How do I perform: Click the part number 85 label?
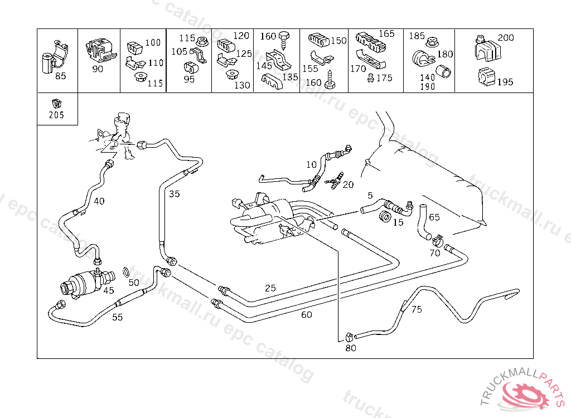(60, 76)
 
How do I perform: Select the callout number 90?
(98, 69)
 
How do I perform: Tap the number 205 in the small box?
(56, 115)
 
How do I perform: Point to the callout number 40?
(99, 201)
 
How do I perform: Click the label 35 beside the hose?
(175, 194)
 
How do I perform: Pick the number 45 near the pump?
(109, 290)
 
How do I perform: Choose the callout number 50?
(134, 283)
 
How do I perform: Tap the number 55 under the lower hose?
(118, 317)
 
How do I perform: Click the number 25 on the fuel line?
(270, 288)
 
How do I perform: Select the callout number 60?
(307, 315)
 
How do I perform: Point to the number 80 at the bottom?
(351, 348)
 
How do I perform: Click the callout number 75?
(417, 310)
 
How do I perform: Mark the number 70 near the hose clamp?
(434, 252)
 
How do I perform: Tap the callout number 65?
(434, 217)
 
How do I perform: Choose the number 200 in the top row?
(506, 38)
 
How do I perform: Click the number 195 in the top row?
(505, 82)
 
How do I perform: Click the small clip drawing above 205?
(56, 103)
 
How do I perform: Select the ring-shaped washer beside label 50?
(127, 271)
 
